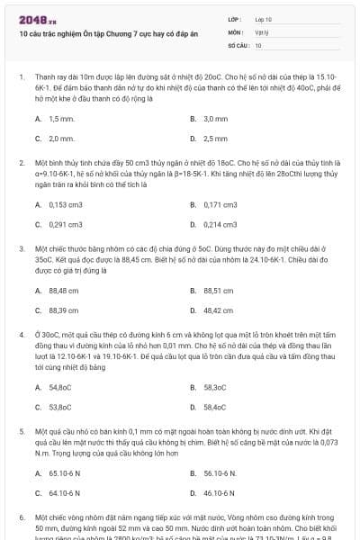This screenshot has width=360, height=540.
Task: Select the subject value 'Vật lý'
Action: pyautogui.click(x=261, y=31)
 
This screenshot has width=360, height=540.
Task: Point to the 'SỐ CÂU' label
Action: pyautogui.click(x=238, y=44)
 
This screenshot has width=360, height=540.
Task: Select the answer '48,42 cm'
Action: pyautogui.click(x=218, y=310)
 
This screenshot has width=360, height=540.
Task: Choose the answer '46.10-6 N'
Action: pyautogui.click(x=220, y=492)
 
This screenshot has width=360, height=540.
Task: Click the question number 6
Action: pyautogui.click(x=21, y=518)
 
